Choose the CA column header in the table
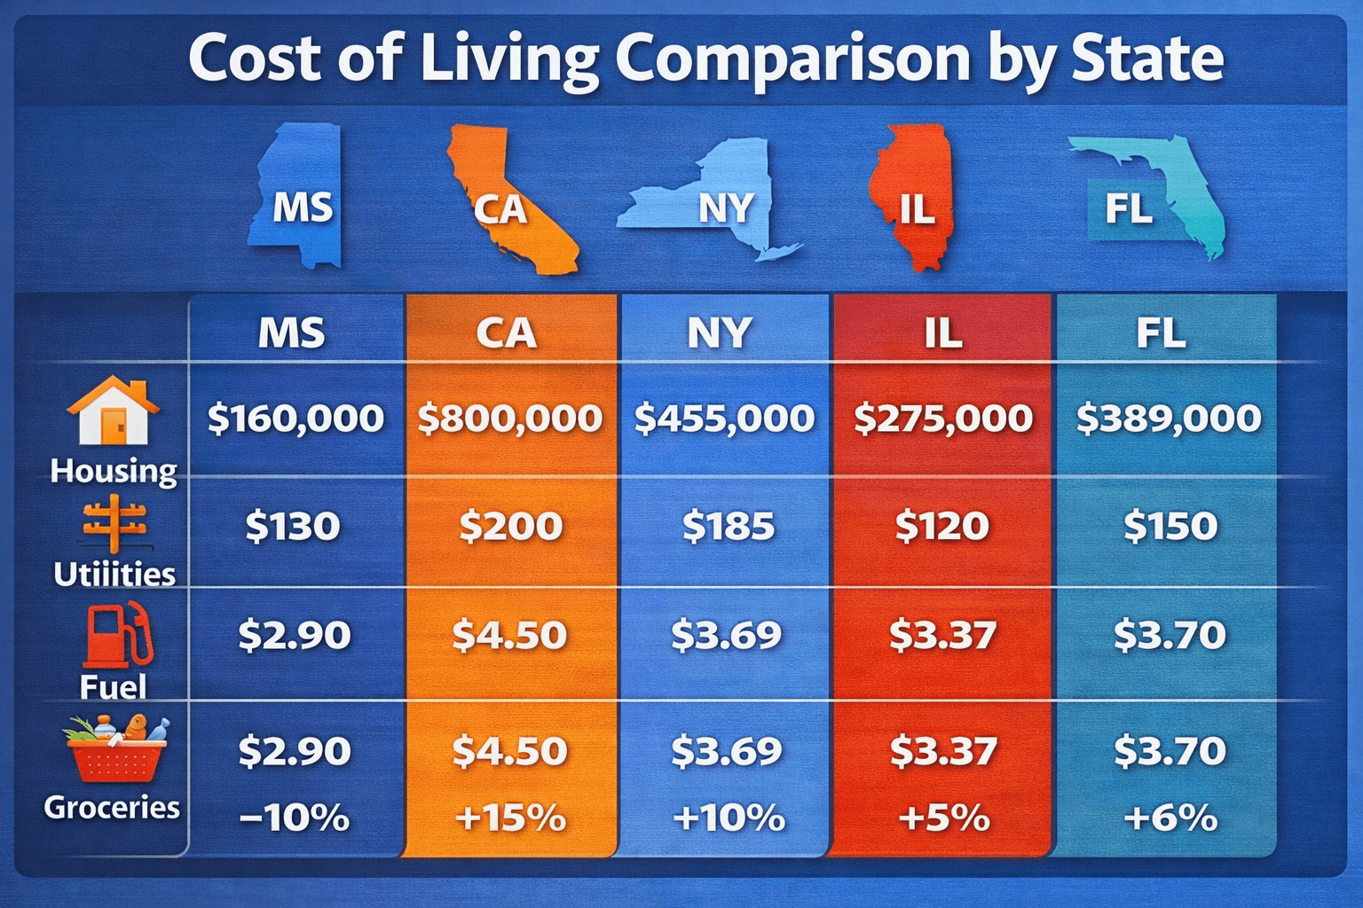tap(507, 333)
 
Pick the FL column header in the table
tap(1162, 333)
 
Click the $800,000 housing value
tap(510, 418)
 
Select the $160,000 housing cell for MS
tap(295, 418)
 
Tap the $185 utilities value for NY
tap(729, 527)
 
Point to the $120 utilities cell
tap(942, 527)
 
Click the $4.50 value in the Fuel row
tap(509, 635)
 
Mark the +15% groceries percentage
tap(510, 818)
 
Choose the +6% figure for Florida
tap(1170, 818)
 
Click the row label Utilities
tap(114, 575)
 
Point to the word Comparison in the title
tap(792, 59)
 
